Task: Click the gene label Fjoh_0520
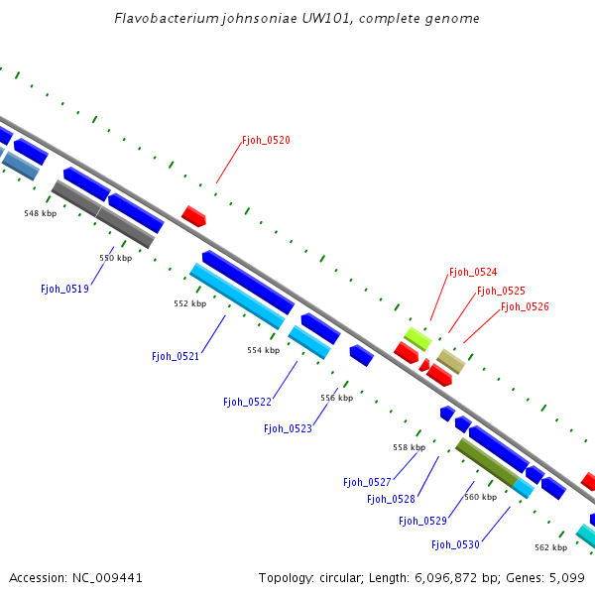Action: [x=266, y=141]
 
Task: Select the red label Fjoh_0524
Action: [x=473, y=272]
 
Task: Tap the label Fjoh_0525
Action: [x=501, y=292]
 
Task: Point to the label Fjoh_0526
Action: [x=525, y=307]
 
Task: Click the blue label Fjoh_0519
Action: [x=64, y=290]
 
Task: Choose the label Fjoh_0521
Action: [x=176, y=356]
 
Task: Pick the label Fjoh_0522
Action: [x=247, y=403]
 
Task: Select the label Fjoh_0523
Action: [x=288, y=429]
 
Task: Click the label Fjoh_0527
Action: [x=367, y=483]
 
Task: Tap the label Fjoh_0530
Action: [x=455, y=544]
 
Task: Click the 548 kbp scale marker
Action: [x=41, y=213]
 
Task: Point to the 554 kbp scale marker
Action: [x=263, y=350]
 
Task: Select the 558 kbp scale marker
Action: [x=409, y=447]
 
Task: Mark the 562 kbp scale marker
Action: [x=550, y=547]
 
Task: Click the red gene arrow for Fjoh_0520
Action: [x=194, y=216]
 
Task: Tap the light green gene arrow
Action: [x=416, y=338]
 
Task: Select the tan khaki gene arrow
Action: [x=451, y=361]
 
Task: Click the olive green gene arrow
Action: [x=486, y=463]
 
